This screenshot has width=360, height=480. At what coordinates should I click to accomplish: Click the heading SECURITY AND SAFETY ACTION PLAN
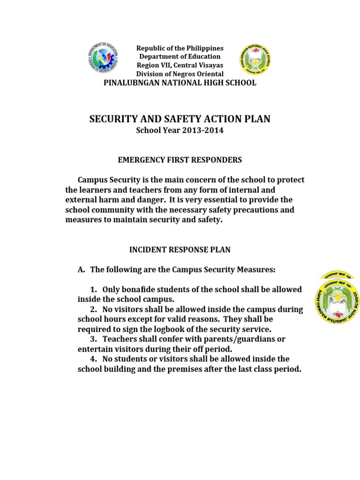[180, 119]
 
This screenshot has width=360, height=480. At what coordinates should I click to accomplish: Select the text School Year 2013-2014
[180, 131]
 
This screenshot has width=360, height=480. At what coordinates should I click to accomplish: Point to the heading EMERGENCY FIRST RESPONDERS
[180, 160]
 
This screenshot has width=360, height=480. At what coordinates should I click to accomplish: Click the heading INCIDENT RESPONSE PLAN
[180, 250]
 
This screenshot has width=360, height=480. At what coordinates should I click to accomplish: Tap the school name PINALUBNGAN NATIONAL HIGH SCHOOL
[180, 83]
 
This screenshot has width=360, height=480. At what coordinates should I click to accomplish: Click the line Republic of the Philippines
[180, 48]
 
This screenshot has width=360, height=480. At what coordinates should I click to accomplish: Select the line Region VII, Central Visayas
[180, 66]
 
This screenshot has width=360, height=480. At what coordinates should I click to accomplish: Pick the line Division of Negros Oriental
[180, 74]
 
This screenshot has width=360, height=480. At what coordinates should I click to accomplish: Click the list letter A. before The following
[81, 270]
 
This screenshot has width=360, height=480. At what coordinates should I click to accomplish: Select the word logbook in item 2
[175, 329]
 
